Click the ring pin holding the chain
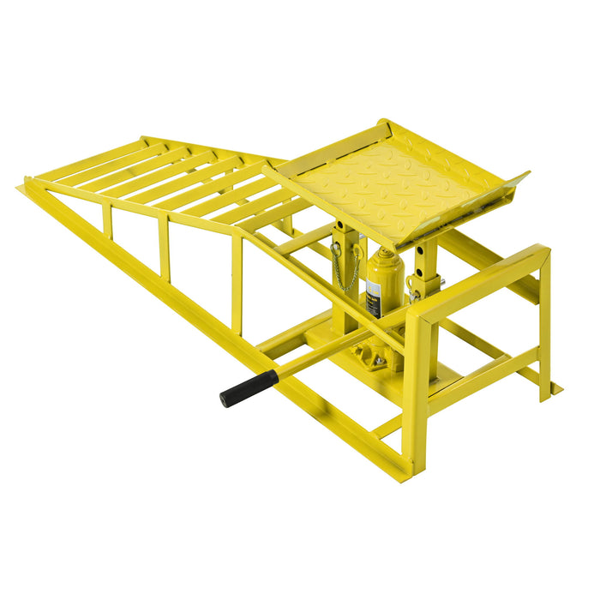coord(336,249)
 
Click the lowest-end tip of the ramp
coord(21,187)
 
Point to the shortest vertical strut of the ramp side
coord(107,220)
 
